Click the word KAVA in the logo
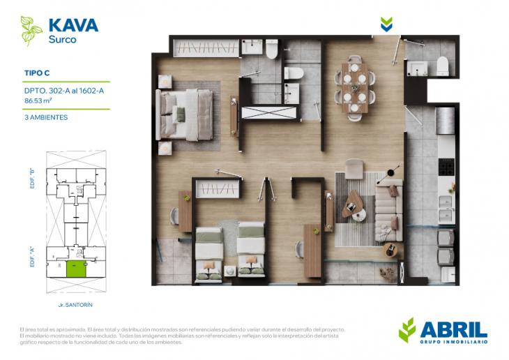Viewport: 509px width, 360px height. (x=73, y=26)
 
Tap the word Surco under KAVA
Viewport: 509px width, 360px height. (x=62, y=40)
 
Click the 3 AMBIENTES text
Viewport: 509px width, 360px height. (x=46, y=118)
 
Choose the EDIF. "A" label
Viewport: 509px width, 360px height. (x=32, y=261)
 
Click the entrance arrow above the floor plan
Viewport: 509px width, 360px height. (x=386, y=25)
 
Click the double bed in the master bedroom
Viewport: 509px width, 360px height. (x=185, y=114)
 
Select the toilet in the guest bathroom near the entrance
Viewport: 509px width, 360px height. (x=442, y=66)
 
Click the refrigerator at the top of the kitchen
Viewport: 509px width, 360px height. (x=444, y=121)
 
